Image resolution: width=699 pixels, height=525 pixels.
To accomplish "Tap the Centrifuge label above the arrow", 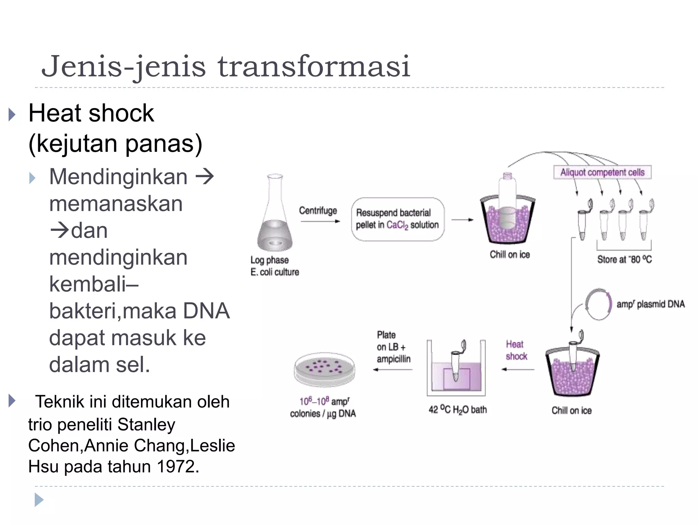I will tap(318, 211).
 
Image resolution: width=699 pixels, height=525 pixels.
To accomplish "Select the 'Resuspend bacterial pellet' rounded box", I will tap(398, 219).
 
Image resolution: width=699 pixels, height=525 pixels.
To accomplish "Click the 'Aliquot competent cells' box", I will tap(602, 172).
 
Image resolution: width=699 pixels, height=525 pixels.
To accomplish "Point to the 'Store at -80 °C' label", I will tap(624, 259).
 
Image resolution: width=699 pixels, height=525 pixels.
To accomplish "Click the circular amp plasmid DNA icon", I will tap(598, 304).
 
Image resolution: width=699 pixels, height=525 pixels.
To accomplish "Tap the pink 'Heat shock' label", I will tap(516, 350).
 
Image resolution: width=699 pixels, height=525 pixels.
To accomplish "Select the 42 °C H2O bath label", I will tap(457, 409).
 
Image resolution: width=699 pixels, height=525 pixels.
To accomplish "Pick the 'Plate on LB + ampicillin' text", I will tap(393, 347).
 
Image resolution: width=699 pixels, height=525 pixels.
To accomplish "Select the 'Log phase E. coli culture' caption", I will tap(274, 266).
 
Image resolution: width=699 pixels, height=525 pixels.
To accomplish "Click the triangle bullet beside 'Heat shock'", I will tap(12, 115).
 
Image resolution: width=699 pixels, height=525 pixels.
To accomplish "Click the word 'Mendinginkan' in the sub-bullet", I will tap(118, 177).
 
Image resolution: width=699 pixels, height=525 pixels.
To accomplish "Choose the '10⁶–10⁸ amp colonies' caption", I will tap(323, 407).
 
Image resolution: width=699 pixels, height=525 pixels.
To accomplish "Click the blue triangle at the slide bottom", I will tap(39, 500).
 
